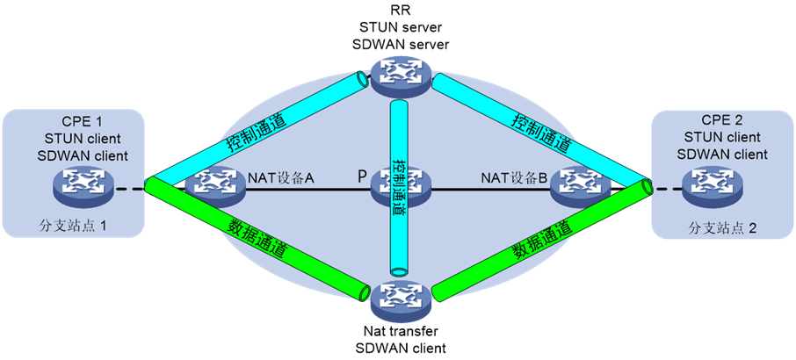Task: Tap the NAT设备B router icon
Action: tap(579, 182)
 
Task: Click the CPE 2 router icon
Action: tap(710, 184)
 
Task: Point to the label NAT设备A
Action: tap(282, 178)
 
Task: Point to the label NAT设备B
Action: tap(514, 178)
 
